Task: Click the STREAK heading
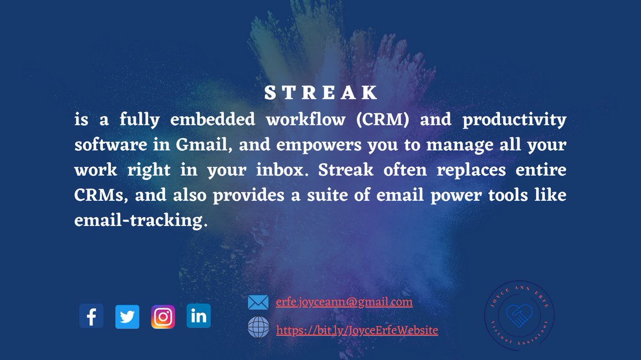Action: coord(321,93)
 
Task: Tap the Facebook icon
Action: coord(91,317)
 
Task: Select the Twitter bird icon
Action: coord(127,317)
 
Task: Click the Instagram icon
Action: coord(163,317)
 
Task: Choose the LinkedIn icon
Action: coord(199,316)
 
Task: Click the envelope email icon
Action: coord(258,303)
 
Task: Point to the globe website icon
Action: coord(258,327)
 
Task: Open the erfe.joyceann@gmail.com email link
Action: coord(345,302)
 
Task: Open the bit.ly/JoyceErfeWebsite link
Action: coord(357,331)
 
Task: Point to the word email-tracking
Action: coord(138,220)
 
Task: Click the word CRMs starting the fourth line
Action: coord(101,195)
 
